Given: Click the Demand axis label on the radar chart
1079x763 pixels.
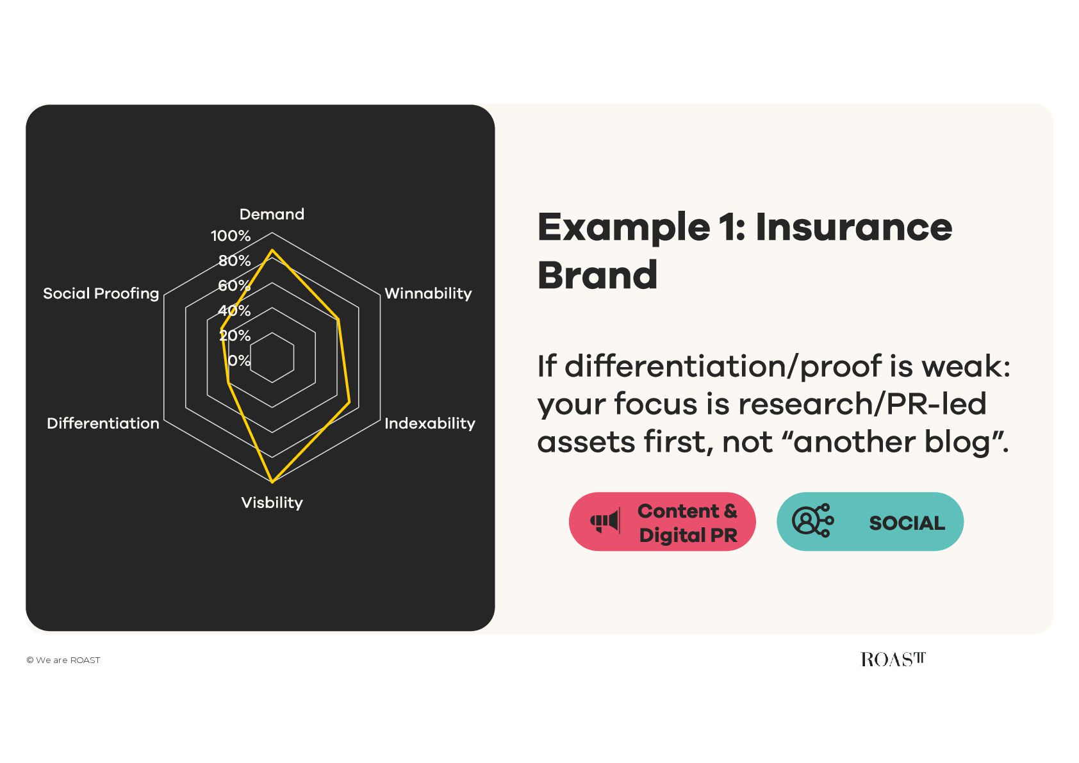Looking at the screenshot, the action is click(x=272, y=215).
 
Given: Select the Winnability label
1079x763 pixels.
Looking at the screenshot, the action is click(x=428, y=293).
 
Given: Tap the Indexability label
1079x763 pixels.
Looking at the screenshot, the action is click(x=430, y=423).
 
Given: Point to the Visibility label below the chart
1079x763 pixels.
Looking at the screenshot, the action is click(x=272, y=503).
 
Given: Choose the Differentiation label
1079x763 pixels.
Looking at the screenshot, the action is click(x=103, y=423).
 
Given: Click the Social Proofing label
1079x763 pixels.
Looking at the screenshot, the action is click(x=101, y=293).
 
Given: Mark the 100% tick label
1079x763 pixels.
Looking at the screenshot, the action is click(x=231, y=236).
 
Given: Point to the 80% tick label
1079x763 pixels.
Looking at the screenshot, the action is click(x=235, y=261).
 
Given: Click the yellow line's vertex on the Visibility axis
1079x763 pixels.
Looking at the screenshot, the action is click(x=272, y=482).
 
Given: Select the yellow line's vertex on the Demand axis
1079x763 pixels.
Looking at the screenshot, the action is click(x=272, y=250).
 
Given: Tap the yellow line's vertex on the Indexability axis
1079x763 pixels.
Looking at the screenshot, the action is click(x=349, y=402).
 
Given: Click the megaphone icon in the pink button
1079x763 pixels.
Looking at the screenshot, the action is click(x=605, y=521).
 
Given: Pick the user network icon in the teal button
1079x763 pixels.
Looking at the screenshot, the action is click(x=812, y=521).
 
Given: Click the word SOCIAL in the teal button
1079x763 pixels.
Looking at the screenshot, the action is click(x=907, y=523).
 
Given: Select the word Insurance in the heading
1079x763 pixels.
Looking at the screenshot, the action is click(x=853, y=227).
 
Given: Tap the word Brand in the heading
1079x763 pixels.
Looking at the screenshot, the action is click(x=597, y=275).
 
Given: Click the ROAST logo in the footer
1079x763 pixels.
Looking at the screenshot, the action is click(x=893, y=659).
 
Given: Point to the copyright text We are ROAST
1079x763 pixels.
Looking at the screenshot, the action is click(x=63, y=660).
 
